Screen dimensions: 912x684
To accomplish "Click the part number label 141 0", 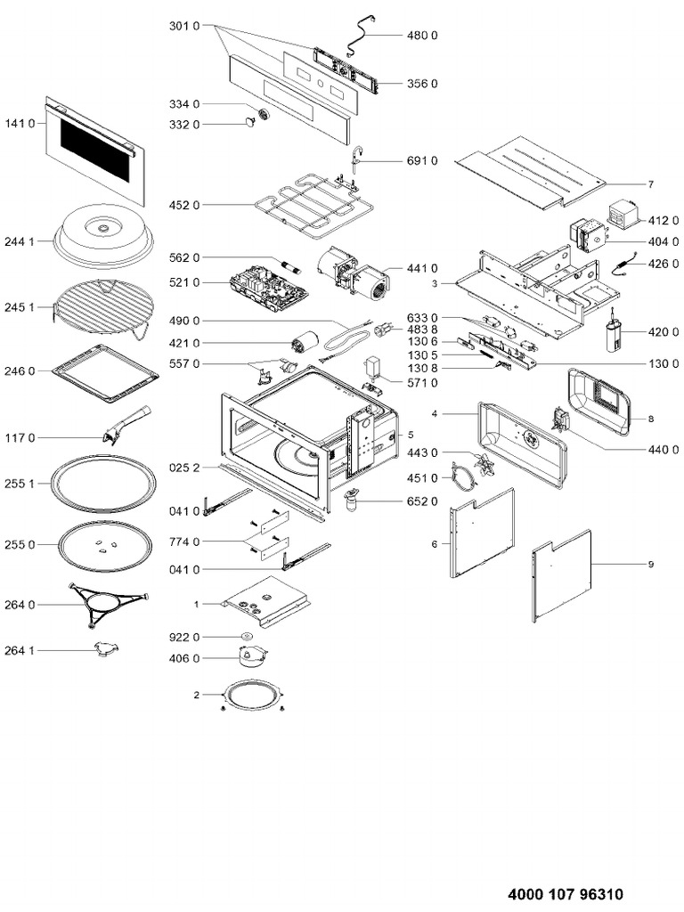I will point(20,124).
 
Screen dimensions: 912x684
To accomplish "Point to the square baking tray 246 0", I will point(106,369).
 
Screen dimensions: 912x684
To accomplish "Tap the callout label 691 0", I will point(422,161).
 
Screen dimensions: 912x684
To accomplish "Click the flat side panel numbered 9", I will point(561,574).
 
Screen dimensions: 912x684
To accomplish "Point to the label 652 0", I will point(422,502).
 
